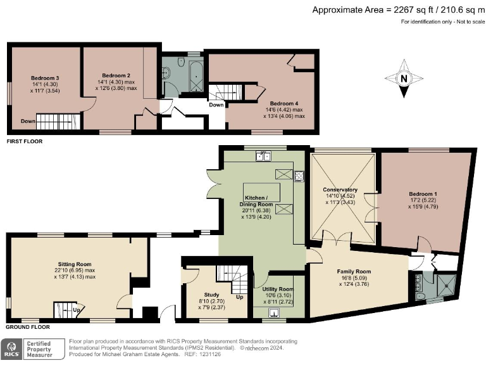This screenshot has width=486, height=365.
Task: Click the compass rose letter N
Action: (403, 79)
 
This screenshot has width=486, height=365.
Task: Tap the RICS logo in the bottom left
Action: (13, 349)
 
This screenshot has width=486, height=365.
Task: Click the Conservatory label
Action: (340, 189)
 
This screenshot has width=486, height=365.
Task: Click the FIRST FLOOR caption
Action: (25, 141)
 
